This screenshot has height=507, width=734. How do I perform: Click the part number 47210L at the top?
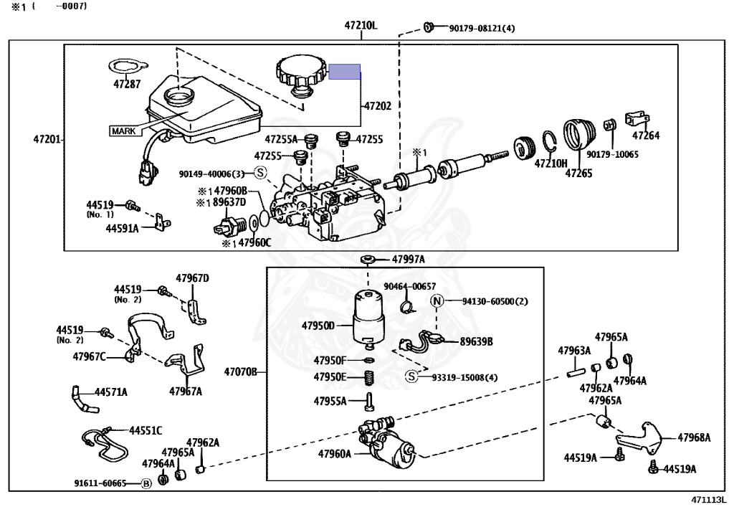coord(361,25)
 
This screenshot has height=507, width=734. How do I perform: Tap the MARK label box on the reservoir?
coord(123,131)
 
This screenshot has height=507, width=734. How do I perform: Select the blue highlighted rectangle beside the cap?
coord(345,72)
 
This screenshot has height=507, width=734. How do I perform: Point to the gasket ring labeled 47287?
coord(125,67)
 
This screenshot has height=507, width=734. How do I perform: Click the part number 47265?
coord(578,174)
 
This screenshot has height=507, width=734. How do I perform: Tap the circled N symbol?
coord(437,301)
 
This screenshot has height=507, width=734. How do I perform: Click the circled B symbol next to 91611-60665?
coord(146,483)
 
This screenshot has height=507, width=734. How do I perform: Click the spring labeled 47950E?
coord(369,377)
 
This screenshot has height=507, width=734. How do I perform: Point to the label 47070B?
coord(241,372)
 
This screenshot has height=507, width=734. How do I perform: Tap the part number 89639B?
coord(476,342)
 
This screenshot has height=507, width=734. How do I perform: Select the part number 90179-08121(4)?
coord(482,28)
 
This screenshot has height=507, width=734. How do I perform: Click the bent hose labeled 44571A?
coord(84,399)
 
